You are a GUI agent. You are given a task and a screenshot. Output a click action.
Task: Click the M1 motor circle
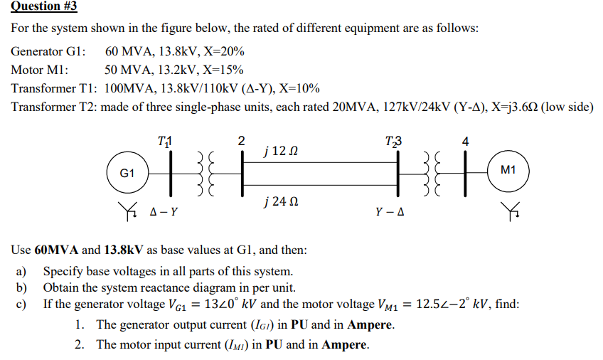(x=508, y=171)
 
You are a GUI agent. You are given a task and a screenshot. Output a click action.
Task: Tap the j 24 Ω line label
(x=274, y=201)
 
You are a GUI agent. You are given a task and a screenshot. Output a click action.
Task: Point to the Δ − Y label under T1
(x=165, y=211)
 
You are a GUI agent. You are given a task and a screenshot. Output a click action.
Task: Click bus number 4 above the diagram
(x=466, y=140)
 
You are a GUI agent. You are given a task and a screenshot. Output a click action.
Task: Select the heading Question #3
(x=44, y=6)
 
